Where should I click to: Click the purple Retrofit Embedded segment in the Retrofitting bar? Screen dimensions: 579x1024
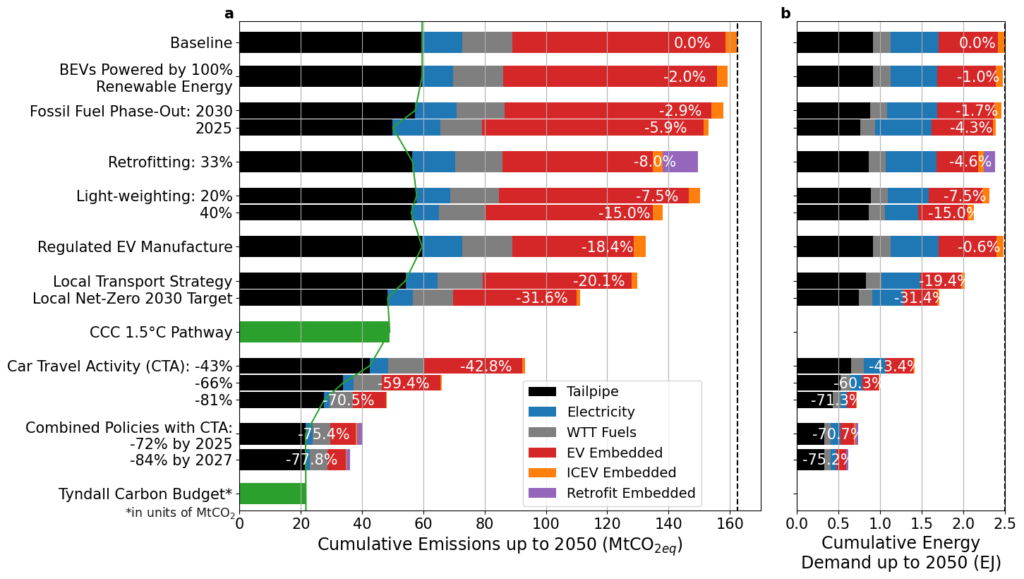click(681, 162)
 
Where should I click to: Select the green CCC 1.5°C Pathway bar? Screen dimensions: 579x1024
click(314, 332)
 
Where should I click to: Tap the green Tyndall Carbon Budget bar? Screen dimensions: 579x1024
click(272, 494)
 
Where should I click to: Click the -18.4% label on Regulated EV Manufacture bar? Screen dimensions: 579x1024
click(607, 247)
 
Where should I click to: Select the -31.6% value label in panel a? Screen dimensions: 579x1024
click(541, 298)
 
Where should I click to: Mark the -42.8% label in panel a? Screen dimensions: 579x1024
click(486, 366)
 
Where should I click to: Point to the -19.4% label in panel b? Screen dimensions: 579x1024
click(942, 281)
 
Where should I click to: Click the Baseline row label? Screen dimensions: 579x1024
click(201, 43)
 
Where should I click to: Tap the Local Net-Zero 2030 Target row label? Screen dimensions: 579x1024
click(133, 299)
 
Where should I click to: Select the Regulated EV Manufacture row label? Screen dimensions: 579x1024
click(135, 247)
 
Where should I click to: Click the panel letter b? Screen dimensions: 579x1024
click(785, 13)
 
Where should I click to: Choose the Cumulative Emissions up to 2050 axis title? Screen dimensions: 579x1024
click(500, 545)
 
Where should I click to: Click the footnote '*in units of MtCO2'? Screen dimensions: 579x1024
click(181, 513)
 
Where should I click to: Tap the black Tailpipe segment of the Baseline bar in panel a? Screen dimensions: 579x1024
click(331, 42)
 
